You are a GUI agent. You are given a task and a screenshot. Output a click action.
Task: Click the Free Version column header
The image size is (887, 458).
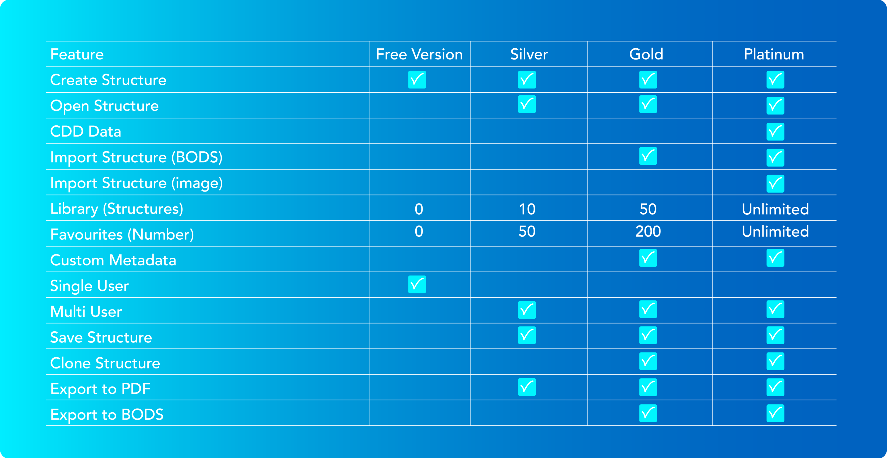(419, 54)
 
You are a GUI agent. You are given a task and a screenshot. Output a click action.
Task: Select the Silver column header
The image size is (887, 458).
(529, 54)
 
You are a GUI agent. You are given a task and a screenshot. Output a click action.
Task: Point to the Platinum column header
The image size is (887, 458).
(774, 54)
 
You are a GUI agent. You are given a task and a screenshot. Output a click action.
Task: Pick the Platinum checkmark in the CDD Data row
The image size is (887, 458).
(775, 132)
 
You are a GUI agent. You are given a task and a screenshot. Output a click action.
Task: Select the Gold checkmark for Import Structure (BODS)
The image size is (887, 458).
(648, 156)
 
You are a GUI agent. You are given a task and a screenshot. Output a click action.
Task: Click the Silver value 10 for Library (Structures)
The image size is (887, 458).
(527, 209)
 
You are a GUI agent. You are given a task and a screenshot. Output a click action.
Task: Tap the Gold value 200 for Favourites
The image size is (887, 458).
(648, 231)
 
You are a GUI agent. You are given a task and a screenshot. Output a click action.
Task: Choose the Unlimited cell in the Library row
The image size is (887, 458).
(775, 209)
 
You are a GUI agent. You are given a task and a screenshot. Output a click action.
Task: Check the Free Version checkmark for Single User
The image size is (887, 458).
(417, 285)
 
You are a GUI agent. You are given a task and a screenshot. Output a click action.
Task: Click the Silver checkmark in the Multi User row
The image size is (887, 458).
(527, 310)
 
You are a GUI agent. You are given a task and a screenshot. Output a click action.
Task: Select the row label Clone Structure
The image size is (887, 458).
(105, 363)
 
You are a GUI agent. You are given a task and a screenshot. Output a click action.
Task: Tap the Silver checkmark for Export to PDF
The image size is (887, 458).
(527, 387)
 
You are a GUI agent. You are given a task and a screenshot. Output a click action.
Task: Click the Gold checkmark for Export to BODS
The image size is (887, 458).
(648, 413)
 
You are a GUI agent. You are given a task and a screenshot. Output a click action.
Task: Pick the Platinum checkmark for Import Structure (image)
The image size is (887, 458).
(775, 184)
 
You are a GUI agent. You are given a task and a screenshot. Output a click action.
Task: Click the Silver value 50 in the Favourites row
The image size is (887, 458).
(527, 231)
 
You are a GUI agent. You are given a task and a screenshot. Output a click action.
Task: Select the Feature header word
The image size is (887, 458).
(77, 54)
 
